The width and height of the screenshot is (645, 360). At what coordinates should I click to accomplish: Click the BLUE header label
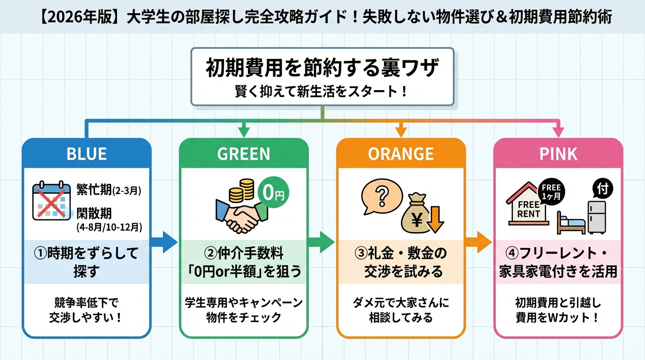click(87, 154)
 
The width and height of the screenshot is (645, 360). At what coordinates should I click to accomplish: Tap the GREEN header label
click(244, 154)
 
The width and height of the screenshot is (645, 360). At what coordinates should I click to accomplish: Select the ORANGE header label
click(401, 154)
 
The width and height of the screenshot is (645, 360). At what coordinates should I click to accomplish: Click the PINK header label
click(558, 154)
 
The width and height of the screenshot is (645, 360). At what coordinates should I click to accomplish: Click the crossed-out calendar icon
click(52, 202)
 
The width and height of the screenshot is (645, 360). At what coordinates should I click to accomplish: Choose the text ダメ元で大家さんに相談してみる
click(401, 310)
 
